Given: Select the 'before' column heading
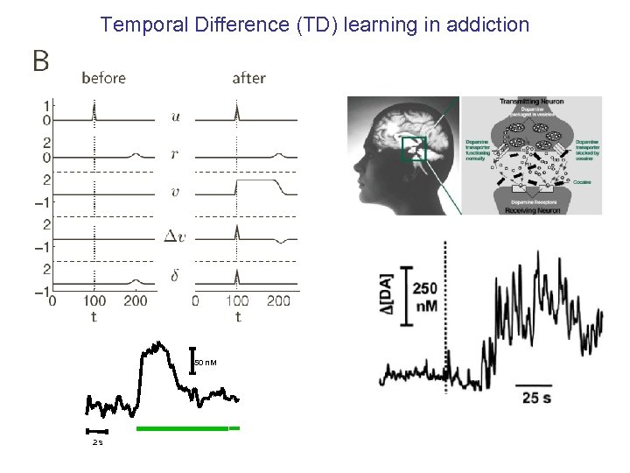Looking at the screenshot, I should point(103,78).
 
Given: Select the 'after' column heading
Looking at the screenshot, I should point(248,78).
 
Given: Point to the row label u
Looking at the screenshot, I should point(177,115).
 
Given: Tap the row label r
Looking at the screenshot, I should point(177,154).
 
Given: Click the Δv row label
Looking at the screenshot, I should point(175,235).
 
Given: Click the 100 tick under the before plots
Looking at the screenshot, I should point(94,301).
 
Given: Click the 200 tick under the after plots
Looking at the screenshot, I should point(278,301).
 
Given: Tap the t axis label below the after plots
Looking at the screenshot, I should point(237,316).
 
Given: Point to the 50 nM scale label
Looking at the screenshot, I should point(205,363).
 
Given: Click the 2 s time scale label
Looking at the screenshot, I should point(97,442).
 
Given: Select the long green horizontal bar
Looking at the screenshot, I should point(182,428).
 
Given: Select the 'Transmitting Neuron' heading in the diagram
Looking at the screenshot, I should point(531,101).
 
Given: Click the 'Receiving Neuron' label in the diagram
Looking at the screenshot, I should point(531,210).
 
